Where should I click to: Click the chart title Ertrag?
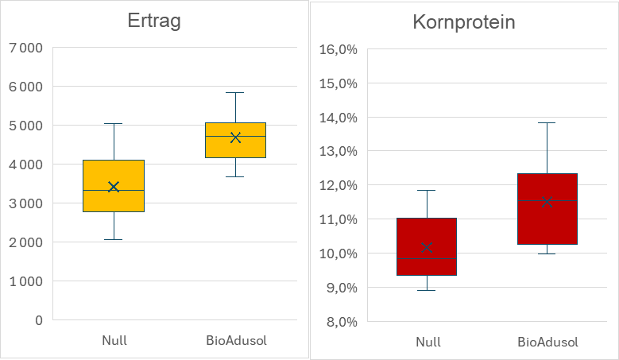pyautogui.click(x=154, y=21)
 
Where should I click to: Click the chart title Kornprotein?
pyautogui.click(x=464, y=22)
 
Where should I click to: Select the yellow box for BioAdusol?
pyautogui.click(x=235, y=147)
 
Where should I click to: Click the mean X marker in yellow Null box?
pyautogui.click(x=114, y=187)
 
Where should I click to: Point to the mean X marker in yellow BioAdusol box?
pyautogui.click(x=235, y=137)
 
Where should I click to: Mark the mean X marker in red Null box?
pyautogui.click(x=426, y=248)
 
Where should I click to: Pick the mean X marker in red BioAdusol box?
pyautogui.click(x=547, y=202)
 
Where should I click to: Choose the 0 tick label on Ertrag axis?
pyautogui.click(x=37, y=320)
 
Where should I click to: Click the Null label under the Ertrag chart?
pyautogui.click(x=114, y=341)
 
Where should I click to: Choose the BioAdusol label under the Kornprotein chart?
pyautogui.click(x=547, y=343)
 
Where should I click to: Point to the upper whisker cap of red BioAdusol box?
pyautogui.click(x=547, y=123)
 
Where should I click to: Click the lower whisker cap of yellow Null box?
pyautogui.click(x=114, y=239)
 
